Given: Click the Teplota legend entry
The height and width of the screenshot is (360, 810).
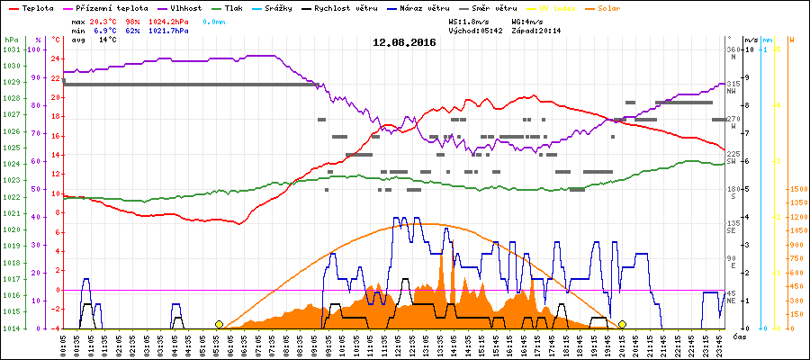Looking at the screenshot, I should pyautogui.click(x=36, y=7).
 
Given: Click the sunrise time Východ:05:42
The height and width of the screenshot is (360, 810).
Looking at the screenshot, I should pyautogui.click(x=473, y=30).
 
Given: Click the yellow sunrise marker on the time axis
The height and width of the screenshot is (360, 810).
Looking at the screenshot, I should pyautogui.click(x=219, y=324).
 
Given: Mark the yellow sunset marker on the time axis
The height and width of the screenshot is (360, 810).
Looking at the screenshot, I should pyautogui.click(x=622, y=324).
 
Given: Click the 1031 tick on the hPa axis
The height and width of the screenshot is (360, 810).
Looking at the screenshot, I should pyautogui.click(x=11, y=49).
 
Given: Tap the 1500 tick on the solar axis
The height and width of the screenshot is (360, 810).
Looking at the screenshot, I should pyautogui.click(x=797, y=189).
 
